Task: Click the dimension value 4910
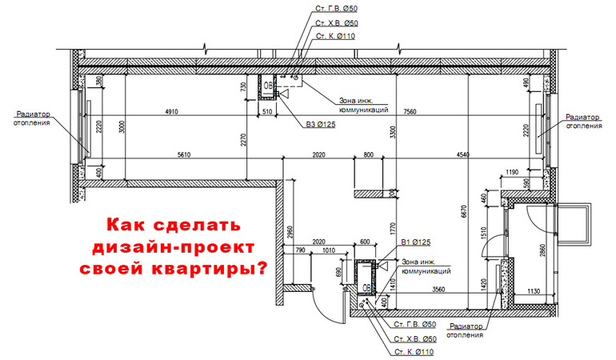171,112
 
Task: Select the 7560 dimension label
410,112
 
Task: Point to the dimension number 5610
184,155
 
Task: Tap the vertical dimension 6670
465,210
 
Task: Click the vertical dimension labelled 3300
393,132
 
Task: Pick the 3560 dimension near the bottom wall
438,290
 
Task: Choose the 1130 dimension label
534,291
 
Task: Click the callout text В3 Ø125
321,125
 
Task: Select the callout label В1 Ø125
416,242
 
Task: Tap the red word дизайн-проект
174,247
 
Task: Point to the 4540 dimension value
462,155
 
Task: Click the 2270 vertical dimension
243,140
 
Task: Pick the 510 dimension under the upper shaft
267,112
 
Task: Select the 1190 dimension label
512,172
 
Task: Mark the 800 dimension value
369,155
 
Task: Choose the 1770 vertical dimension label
393,229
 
